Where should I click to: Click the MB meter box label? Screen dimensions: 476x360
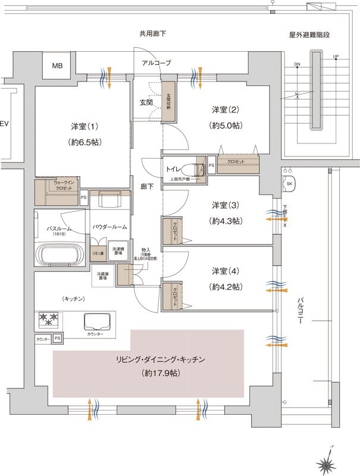(x=57, y=65)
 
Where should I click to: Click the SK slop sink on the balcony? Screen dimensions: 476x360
(x=290, y=184)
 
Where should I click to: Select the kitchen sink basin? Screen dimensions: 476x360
(x=99, y=322)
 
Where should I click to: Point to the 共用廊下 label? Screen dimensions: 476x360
(x=152, y=34)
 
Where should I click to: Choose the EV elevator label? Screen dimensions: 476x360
(x=4, y=124)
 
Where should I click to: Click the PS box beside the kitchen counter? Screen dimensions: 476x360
(x=57, y=339)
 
